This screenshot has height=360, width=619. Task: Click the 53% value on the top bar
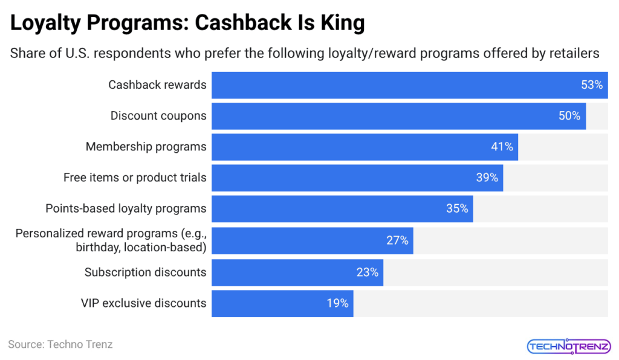(x=592, y=85)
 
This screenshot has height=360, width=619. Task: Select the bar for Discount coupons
(x=398, y=116)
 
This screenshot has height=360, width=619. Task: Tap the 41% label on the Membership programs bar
(x=502, y=147)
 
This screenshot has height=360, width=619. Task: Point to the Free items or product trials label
(x=135, y=178)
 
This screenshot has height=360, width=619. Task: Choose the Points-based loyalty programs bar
(x=342, y=209)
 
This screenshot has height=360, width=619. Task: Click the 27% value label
(x=397, y=240)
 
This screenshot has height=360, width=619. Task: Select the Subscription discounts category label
(x=145, y=272)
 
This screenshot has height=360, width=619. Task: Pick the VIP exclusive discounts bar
(x=282, y=303)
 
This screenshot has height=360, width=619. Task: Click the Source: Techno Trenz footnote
(x=60, y=344)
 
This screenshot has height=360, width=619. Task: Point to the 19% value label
(x=337, y=303)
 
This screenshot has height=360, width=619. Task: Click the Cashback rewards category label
(x=157, y=85)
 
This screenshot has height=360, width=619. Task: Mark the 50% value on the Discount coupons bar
(x=569, y=116)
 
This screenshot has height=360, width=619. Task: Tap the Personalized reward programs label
(x=111, y=240)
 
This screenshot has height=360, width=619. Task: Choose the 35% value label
(x=457, y=209)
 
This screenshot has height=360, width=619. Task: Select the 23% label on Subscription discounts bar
(x=367, y=272)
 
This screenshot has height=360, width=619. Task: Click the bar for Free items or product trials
(x=357, y=178)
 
